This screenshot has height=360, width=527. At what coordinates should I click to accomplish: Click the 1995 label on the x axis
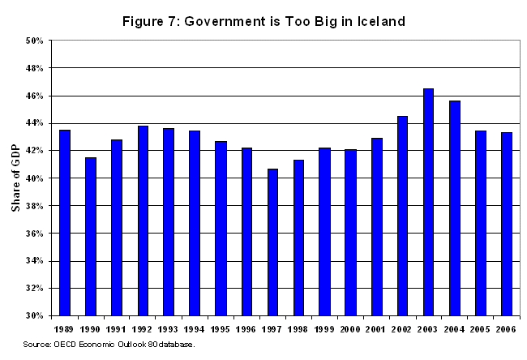point(221,329)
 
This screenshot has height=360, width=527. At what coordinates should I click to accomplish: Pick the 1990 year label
point(91,329)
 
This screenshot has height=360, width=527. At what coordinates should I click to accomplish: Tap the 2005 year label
point(480,329)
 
